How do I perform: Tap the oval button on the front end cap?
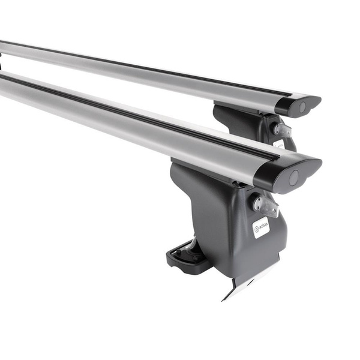coord(293,178)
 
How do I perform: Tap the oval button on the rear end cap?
coord(302,107)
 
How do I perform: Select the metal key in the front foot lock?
coord(265,206)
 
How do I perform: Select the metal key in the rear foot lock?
coord(282,130)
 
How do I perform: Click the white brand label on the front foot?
coord(260,227)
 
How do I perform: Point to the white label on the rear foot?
coord(280,144)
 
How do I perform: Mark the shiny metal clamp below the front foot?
coord(243,282)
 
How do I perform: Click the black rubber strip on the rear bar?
coord(150,68)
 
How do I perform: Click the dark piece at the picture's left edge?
coord(1,61)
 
